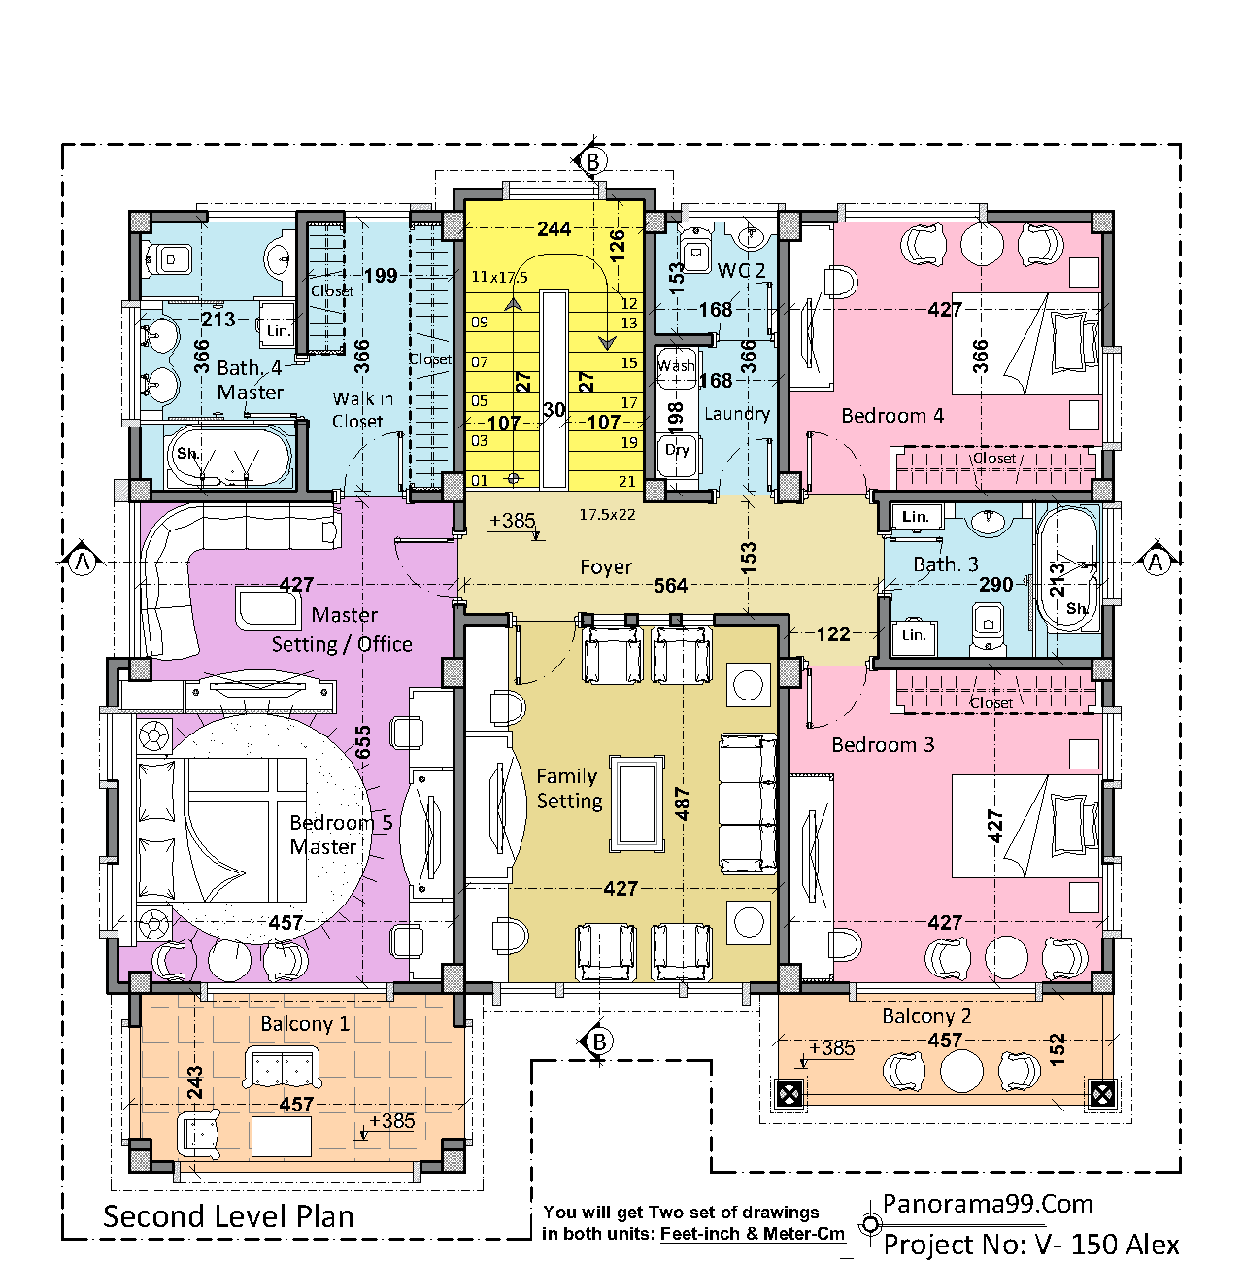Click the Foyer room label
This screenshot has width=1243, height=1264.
click(x=605, y=566)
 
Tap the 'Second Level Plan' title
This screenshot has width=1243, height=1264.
click(x=228, y=1216)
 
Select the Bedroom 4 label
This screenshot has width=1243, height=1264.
click(x=892, y=416)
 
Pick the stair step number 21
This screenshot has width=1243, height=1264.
click(x=627, y=482)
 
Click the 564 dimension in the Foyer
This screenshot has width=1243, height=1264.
click(x=670, y=585)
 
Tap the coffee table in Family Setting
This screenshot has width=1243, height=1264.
click(x=636, y=804)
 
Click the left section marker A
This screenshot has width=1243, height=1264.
click(x=82, y=562)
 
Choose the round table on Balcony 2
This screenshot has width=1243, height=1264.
click(x=961, y=1071)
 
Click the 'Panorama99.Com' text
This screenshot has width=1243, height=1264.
click(x=988, y=1205)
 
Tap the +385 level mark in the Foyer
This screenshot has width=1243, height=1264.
click(x=513, y=521)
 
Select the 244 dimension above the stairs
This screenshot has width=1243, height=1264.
click(x=554, y=229)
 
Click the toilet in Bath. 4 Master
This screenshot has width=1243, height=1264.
click(x=168, y=259)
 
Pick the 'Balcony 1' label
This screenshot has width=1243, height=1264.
click(x=305, y=1024)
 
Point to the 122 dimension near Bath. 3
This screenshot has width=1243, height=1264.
click(x=833, y=634)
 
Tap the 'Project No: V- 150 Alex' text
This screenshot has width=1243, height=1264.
click(x=1031, y=1245)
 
